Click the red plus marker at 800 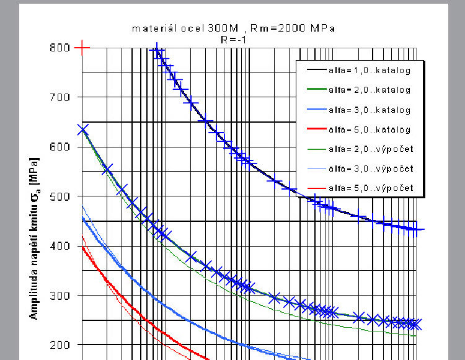point(82,47)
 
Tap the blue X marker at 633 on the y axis point(83,130)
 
